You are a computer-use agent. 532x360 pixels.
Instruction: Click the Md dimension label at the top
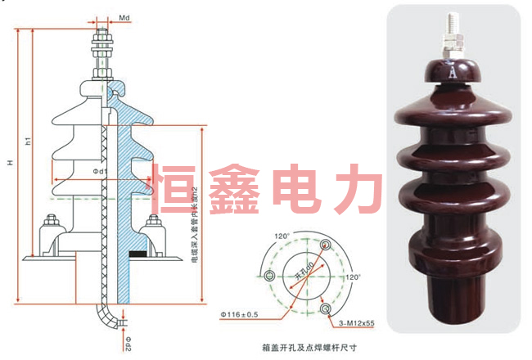click(x=125, y=16)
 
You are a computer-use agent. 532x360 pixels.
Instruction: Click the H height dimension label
click(x=11, y=163)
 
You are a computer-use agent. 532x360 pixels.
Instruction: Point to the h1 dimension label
click(x=28, y=142)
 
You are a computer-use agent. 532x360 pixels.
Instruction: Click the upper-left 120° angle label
click(x=282, y=237)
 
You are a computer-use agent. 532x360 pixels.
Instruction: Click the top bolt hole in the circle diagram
click(x=327, y=243)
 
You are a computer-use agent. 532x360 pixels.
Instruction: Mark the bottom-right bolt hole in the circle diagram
click(x=327, y=308)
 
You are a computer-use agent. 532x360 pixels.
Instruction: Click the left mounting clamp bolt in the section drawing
click(x=51, y=222)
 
